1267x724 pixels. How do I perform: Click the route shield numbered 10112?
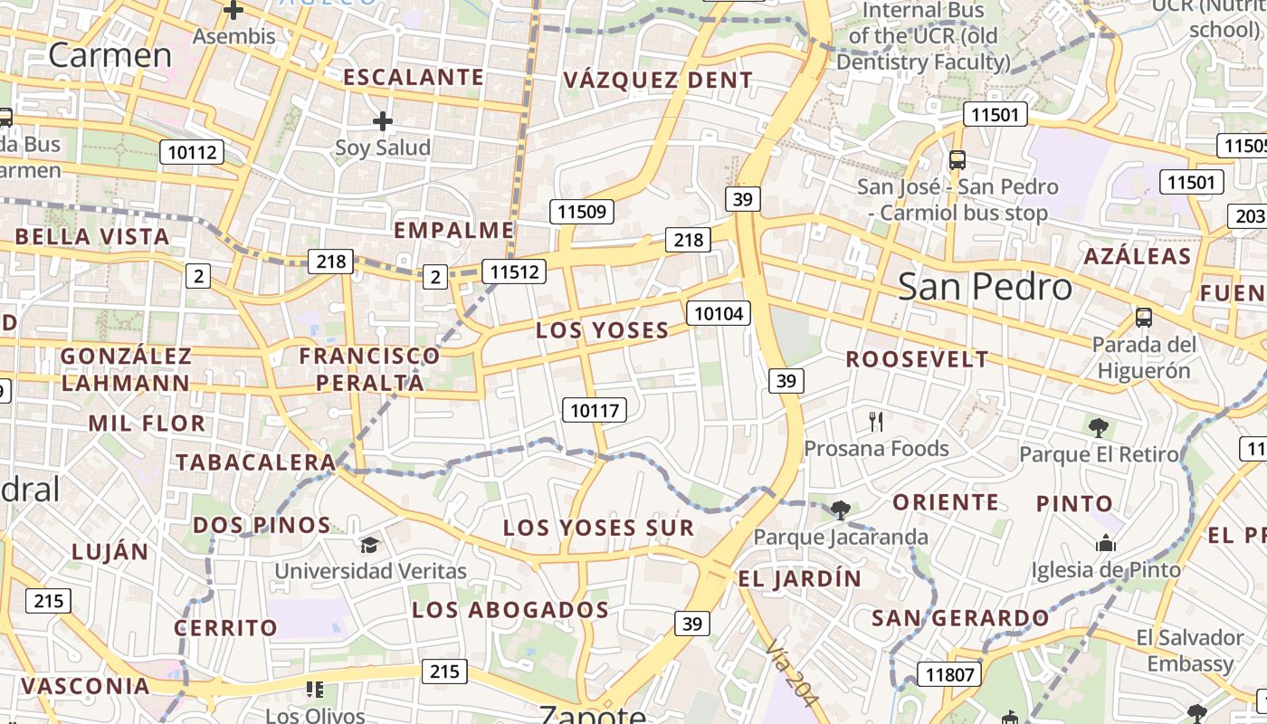point(192,152)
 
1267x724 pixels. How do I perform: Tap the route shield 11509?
point(582,213)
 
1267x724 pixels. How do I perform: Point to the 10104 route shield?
point(719,314)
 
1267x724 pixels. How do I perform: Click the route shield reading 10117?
point(595,410)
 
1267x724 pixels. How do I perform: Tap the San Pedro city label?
point(985,287)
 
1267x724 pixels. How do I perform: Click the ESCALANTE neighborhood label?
point(413,78)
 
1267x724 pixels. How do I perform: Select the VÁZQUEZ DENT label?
point(657,81)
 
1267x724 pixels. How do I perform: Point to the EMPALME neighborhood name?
point(453,230)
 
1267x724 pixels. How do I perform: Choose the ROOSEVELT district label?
point(917,359)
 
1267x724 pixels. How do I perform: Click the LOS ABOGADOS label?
point(510,610)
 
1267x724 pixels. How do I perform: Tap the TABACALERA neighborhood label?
point(255,462)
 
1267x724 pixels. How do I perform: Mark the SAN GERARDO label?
point(960,619)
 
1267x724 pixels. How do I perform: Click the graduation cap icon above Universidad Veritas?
point(369,545)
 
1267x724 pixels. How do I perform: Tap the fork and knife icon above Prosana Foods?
point(875,421)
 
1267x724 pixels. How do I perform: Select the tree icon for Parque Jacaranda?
point(840,510)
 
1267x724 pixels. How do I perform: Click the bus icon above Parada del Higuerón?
point(1144,318)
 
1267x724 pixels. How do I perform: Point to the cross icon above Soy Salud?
point(383,120)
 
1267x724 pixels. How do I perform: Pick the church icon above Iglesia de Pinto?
point(1105,543)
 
